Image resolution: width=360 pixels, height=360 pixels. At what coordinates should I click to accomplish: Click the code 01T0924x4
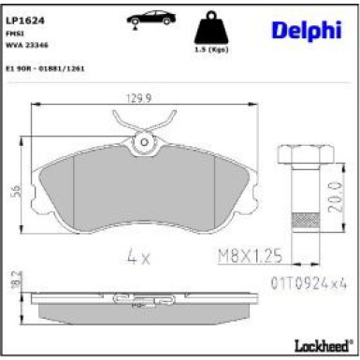click(302, 281)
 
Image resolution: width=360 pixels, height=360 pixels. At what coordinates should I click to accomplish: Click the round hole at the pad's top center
click(144, 143)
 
